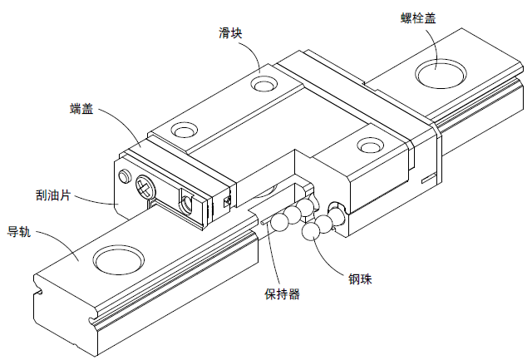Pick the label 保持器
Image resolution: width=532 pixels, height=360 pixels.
point(282,294)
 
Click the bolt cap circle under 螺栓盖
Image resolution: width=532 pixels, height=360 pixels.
point(439,72)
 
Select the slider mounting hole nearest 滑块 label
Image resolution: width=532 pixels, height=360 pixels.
point(266,84)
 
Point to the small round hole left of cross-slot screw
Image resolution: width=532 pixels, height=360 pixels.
point(126,175)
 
